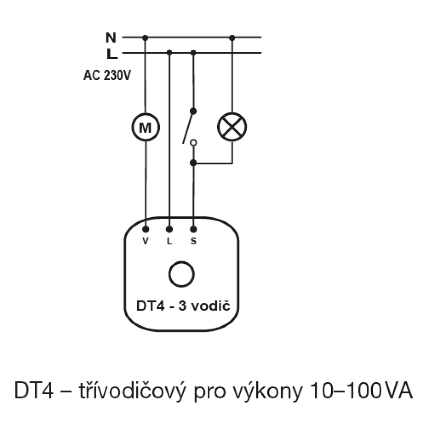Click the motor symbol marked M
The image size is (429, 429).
pyautogui.click(x=145, y=127)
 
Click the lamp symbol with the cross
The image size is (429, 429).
pyautogui.click(x=232, y=127)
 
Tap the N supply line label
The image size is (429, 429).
pyautogui.click(x=111, y=37)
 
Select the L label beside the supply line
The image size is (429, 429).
pyautogui.click(x=112, y=54)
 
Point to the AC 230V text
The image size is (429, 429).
pyautogui.click(x=107, y=75)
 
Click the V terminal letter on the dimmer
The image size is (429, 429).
pyautogui.click(x=145, y=241)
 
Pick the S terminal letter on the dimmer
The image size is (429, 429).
pyautogui.click(x=193, y=241)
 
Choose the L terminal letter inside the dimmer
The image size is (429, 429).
pyautogui.click(x=169, y=241)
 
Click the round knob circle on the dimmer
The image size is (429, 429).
pyautogui.click(x=181, y=275)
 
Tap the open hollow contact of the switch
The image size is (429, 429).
pyautogui.click(x=193, y=142)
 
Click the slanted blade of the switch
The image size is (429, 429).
pyautogui.click(x=188, y=127)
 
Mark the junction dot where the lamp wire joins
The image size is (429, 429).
pyautogui.click(x=193, y=163)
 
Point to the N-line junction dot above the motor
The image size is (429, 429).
pyautogui.click(x=145, y=38)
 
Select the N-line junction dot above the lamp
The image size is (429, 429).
pyautogui.click(x=232, y=38)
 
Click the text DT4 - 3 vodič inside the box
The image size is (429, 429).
pyautogui.click(x=183, y=305)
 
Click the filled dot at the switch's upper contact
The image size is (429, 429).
pyautogui.click(x=193, y=111)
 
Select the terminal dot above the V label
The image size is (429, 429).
pyautogui.click(x=146, y=229)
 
